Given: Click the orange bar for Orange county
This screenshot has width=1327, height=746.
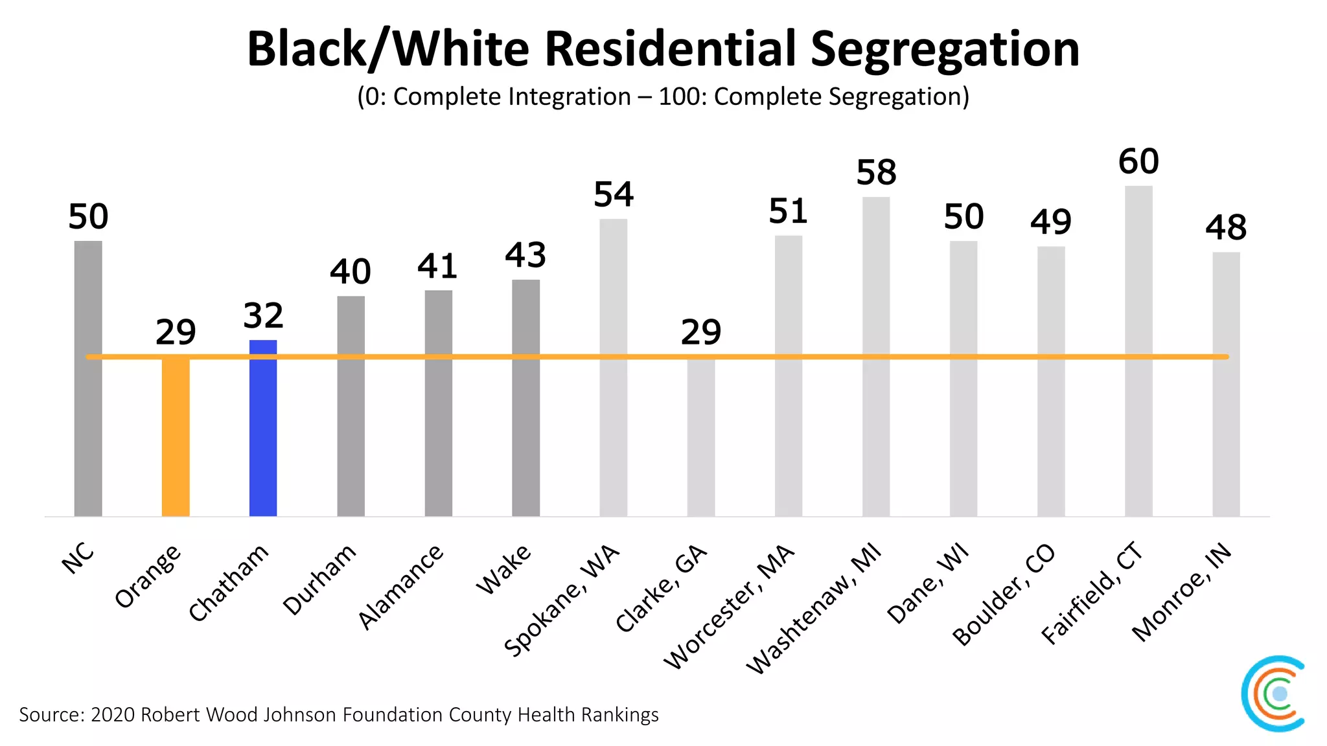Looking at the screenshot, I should click(176, 437).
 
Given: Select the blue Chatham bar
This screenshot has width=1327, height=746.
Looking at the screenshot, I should click(263, 428).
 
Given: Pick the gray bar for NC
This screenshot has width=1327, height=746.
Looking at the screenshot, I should click(88, 379).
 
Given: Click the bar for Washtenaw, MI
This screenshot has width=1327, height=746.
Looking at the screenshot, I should click(876, 356).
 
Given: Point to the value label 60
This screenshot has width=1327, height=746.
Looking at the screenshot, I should click(1138, 162).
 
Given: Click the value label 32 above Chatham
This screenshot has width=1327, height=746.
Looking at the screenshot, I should click(263, 316).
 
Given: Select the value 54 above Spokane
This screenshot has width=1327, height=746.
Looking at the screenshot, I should click(614, 195).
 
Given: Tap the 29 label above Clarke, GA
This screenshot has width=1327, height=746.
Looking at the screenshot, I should click(700, 332).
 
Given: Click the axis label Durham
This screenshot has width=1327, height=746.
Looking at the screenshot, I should click(319, 579).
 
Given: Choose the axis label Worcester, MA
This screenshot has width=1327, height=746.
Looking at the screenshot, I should click(729, 606).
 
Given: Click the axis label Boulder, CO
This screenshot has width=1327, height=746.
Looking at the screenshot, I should click(1004, 594).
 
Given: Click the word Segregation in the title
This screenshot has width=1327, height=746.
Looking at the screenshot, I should click(945, 49).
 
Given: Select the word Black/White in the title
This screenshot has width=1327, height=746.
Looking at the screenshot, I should click(387, 49).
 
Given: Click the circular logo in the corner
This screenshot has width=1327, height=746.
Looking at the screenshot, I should click(1273, 694).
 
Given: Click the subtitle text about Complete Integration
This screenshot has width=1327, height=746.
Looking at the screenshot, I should click(663, 97).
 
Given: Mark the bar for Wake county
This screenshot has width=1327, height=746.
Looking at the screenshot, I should click(525, 398).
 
